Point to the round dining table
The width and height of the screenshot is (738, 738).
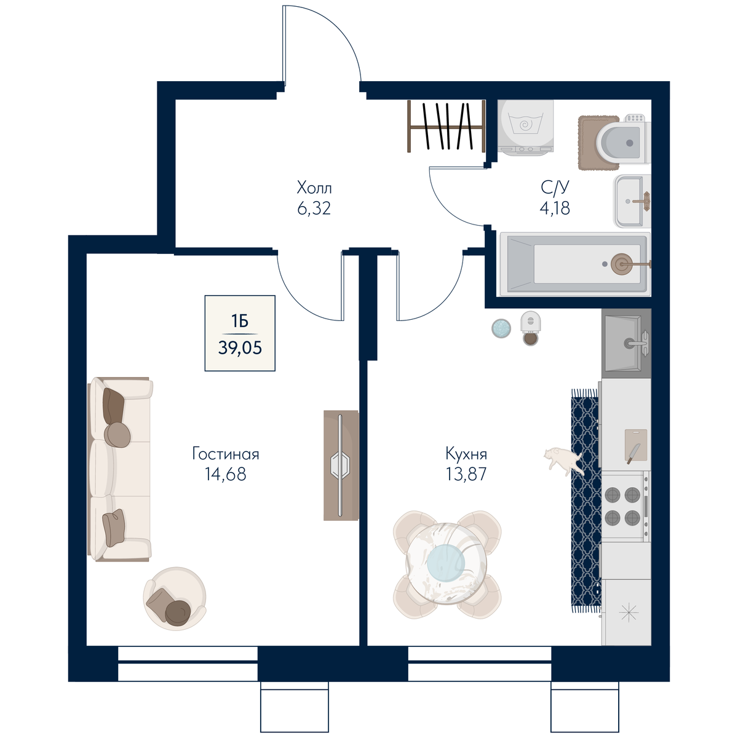[446, 563]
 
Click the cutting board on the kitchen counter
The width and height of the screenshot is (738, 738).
[636, 445]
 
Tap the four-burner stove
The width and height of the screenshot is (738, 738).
[626, 506]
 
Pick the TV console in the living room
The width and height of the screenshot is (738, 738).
[341, 466]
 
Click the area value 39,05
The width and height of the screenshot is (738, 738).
[240, 348]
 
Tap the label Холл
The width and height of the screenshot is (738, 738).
[314, 188]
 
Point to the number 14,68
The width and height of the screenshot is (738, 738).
[225, 474]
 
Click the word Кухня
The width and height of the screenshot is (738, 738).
[466, 454]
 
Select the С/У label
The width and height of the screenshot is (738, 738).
[555, 188]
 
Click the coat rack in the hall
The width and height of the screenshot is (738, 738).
[446, 127]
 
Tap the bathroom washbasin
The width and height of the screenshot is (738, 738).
[633, 201]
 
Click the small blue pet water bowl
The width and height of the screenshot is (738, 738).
[501, 328]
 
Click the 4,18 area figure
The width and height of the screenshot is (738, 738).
[555, 208]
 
